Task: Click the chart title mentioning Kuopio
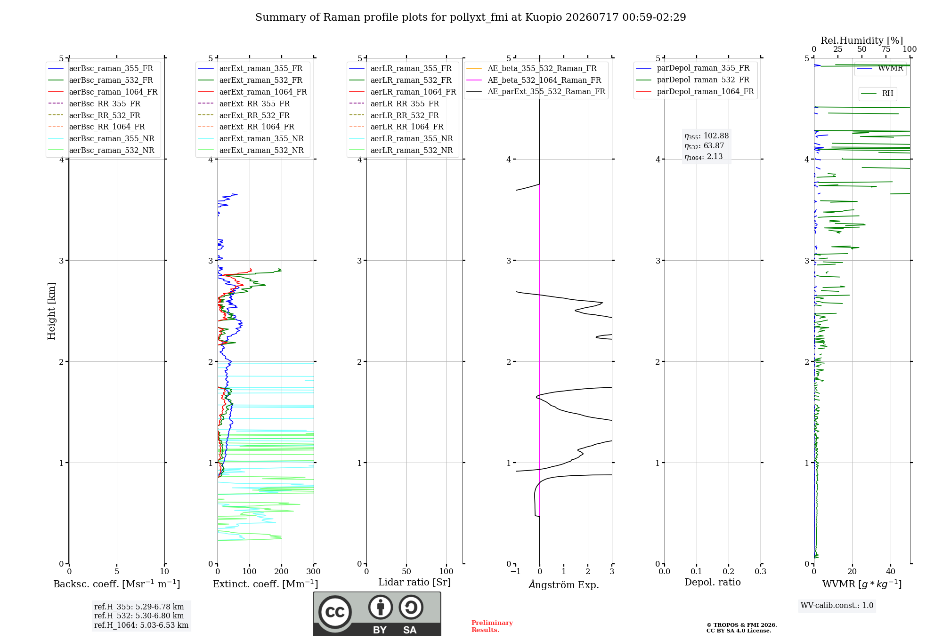tap(471, 17)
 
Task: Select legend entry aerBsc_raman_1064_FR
tap(113, 92)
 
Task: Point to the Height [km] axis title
tap(51, 311)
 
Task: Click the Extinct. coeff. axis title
tap(266, 584)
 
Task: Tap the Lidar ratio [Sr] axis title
tap(414, 582)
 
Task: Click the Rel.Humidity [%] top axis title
tap(862, 40)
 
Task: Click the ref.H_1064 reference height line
tap(141, 625)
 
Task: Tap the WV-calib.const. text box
tap(837, 606)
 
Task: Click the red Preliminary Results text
tap(492, 626)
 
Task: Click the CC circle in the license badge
tap(335, 612)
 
